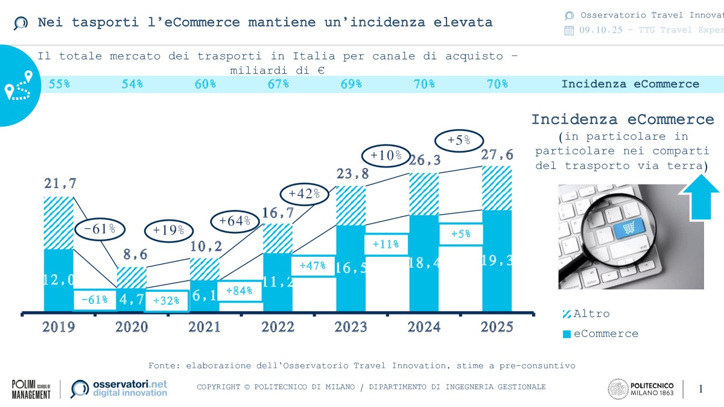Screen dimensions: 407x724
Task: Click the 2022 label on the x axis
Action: click(x=278, y=327)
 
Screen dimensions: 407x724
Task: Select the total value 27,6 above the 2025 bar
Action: click(x=497, y=155)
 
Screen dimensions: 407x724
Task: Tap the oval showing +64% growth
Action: click(x=235, y=221)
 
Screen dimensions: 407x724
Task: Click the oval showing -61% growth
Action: click(x=100, y=230)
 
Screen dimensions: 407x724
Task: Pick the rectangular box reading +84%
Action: click(x=240, y=291)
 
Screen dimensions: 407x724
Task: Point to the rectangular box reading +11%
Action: click(x=386, y=244)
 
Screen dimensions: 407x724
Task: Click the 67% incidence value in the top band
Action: click(x=278, y=84)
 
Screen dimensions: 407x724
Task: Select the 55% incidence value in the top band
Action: click(x=59, y=84)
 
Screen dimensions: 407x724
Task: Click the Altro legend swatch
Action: click(x=567, y=314)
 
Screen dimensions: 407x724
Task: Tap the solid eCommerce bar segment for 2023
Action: click(x=351, y=268)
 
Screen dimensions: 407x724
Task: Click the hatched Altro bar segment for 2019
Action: click(x=59, y=222)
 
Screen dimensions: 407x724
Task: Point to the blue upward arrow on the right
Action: click(x=700, y=196)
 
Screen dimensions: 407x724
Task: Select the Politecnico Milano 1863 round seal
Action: click(x=617, y=389)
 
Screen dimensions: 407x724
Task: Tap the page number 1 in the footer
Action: click(x=700, y=389)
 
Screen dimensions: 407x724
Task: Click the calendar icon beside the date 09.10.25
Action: click(x=569, y=31)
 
